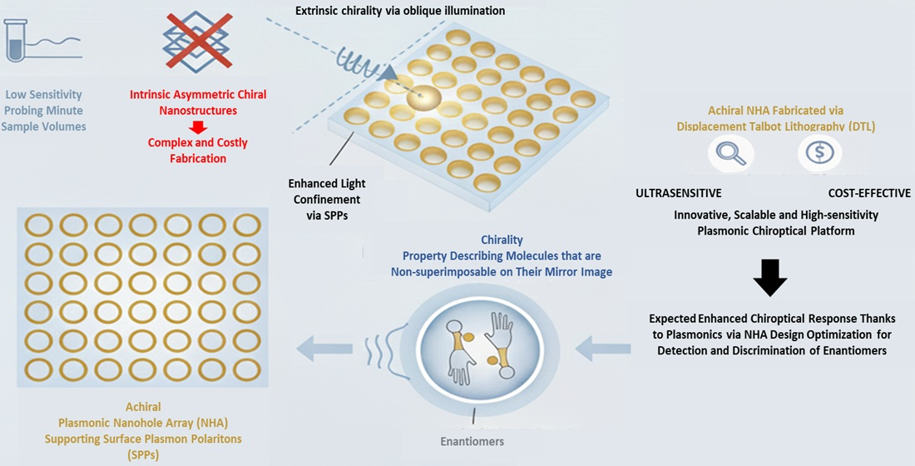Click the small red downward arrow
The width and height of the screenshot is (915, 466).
tap(198, 126)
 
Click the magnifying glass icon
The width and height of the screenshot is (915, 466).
tap(730, 153)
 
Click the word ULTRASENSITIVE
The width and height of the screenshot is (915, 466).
tap(678, 193)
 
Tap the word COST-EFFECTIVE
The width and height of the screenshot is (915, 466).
tap(869, 193)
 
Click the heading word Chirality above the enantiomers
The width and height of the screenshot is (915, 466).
tap(502, 240)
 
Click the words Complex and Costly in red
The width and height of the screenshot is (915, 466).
tap(197, 142)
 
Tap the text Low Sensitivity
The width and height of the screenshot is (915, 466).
tap(43, 96)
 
